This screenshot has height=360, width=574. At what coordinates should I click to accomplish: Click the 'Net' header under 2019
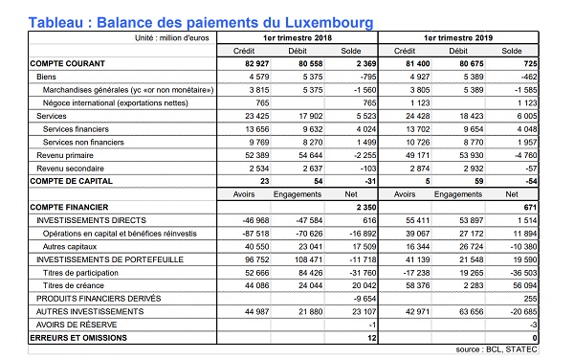pos(513,192)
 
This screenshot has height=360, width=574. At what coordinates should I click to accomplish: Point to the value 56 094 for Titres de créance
pos(512,285)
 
